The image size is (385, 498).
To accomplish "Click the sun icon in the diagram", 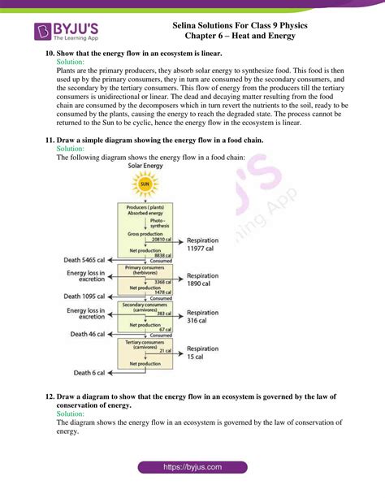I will coord(145,184).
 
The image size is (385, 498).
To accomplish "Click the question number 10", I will coord(50,53).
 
